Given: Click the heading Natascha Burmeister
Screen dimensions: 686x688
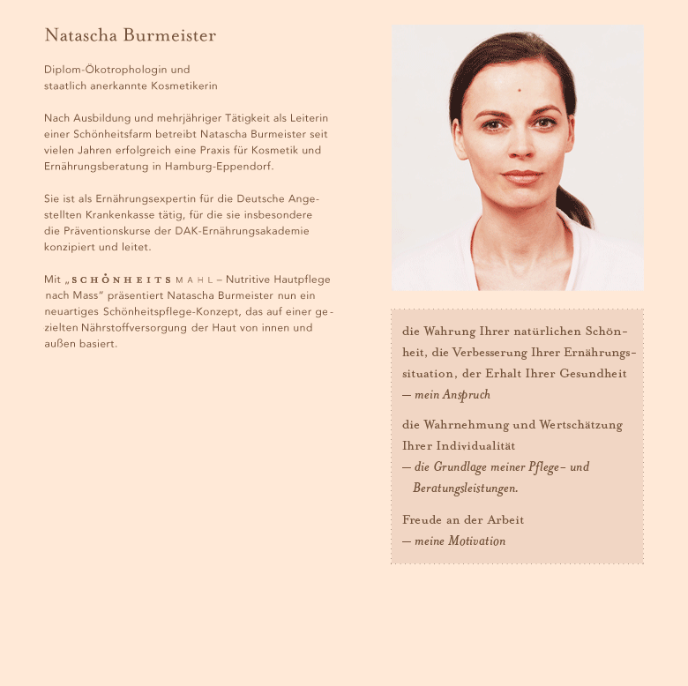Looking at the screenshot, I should pyautogui.click(x=130, y=36).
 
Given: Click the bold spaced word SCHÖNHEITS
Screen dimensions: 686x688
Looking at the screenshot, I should pyautogui.click(x=122, y=280).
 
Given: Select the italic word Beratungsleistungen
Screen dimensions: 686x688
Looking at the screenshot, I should pyautogui.click(x=465, y=488).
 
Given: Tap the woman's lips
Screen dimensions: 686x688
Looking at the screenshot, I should pyautogui.click(x=522, y=176).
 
